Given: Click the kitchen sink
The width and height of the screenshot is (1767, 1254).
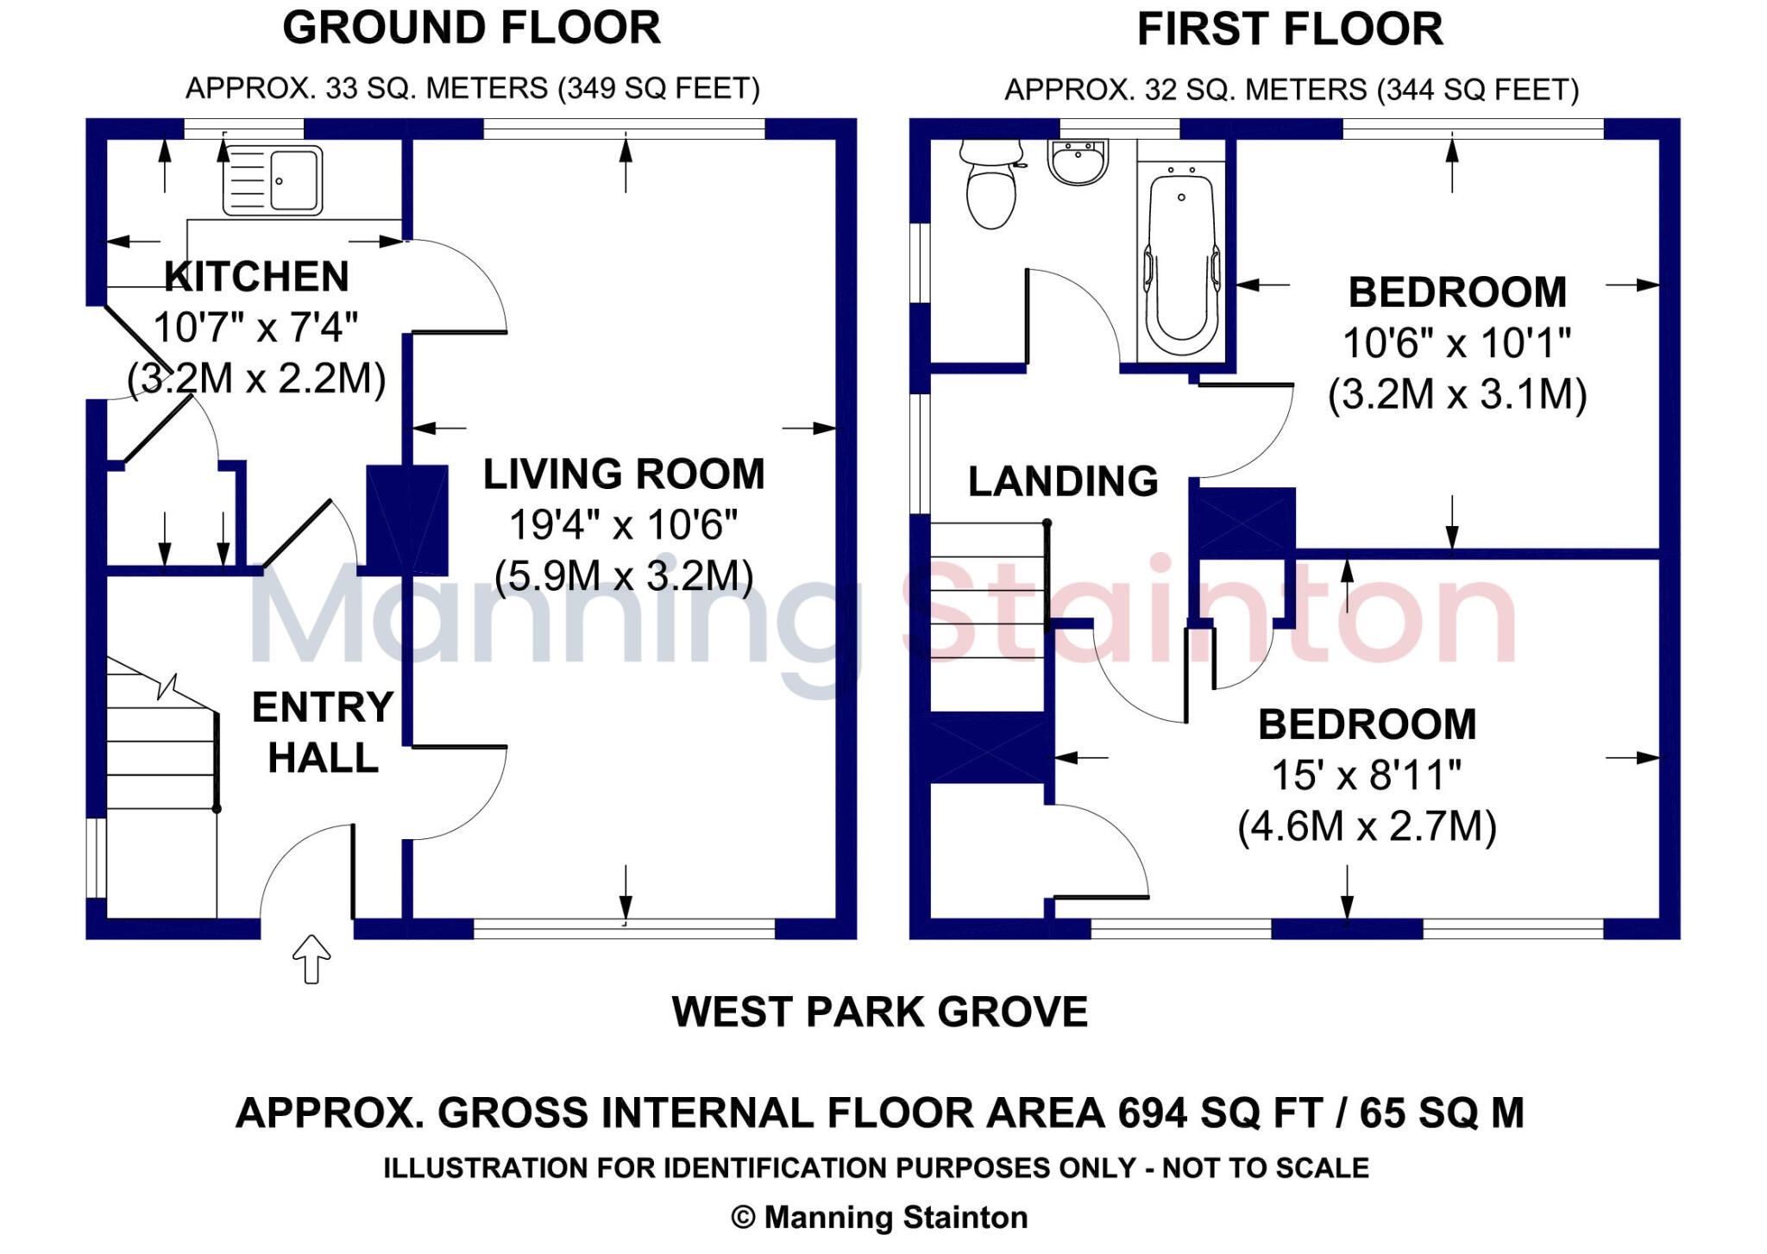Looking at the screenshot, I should [x=273, y=180].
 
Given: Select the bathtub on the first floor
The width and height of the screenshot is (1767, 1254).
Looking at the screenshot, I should [x=1180, y=259].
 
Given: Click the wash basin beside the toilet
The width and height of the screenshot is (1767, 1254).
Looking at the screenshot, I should [x=1078, y=162].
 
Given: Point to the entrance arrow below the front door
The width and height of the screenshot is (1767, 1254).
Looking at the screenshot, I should [x=311, y=958].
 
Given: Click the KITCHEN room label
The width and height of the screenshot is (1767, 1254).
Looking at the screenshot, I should [x=257, y=277].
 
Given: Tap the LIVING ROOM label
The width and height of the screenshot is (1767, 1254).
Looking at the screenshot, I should [x=624, y=474].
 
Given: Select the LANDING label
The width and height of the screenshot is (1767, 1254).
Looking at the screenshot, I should [x=1062, y=481].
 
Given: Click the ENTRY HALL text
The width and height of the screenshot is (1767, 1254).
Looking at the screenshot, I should [x=323, y=732].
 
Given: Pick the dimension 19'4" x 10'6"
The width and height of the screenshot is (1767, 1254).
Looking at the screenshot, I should [x=624, y=524].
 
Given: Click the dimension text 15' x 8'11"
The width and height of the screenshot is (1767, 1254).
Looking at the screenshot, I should [x=1367, y=775].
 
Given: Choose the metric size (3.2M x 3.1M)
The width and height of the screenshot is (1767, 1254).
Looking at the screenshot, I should [x=1456, y=394].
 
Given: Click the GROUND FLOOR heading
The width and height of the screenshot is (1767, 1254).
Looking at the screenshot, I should [x=471, y=28].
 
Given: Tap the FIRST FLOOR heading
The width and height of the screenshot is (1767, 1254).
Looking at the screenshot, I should [x=1289, y=29].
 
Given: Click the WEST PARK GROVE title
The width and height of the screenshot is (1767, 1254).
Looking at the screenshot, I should [x=879, y=1012].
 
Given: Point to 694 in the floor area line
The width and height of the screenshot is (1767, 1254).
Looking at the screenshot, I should [x=1157, y=1113].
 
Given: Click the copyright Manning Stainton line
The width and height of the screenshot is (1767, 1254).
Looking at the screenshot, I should [x=879, y=1217].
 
